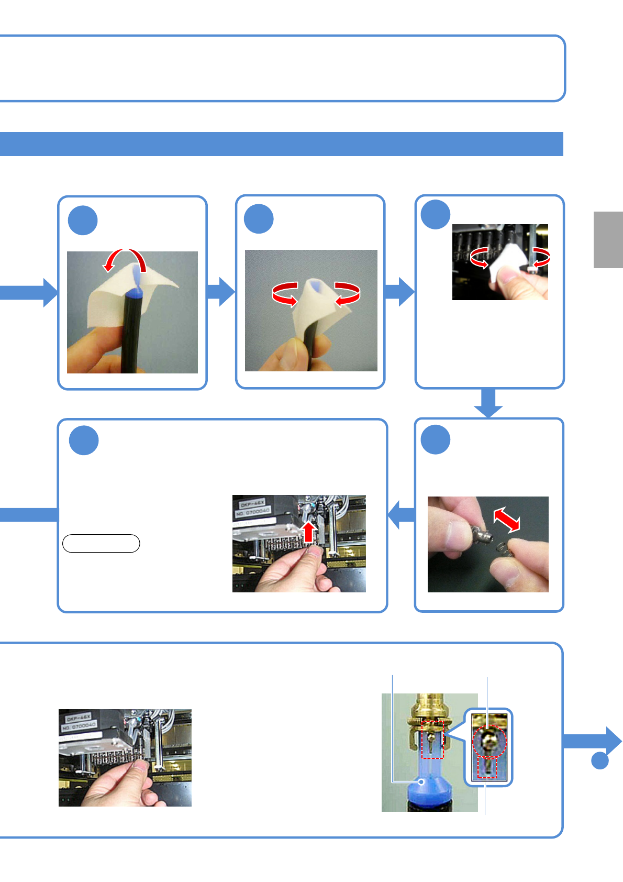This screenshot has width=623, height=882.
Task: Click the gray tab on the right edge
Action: click(608, 239)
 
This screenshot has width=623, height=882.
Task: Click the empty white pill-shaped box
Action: click(101, 544)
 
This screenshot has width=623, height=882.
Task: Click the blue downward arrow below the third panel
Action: click(488, 403)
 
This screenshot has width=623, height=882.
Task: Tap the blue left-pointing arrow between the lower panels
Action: click(401, 515)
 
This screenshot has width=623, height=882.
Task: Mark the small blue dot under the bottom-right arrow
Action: click(600, 760)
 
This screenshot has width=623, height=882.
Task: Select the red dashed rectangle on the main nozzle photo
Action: click(432, 740)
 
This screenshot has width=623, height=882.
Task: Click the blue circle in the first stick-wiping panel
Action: click(83, 220)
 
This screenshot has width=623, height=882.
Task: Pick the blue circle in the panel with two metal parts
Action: click(436, 440)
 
